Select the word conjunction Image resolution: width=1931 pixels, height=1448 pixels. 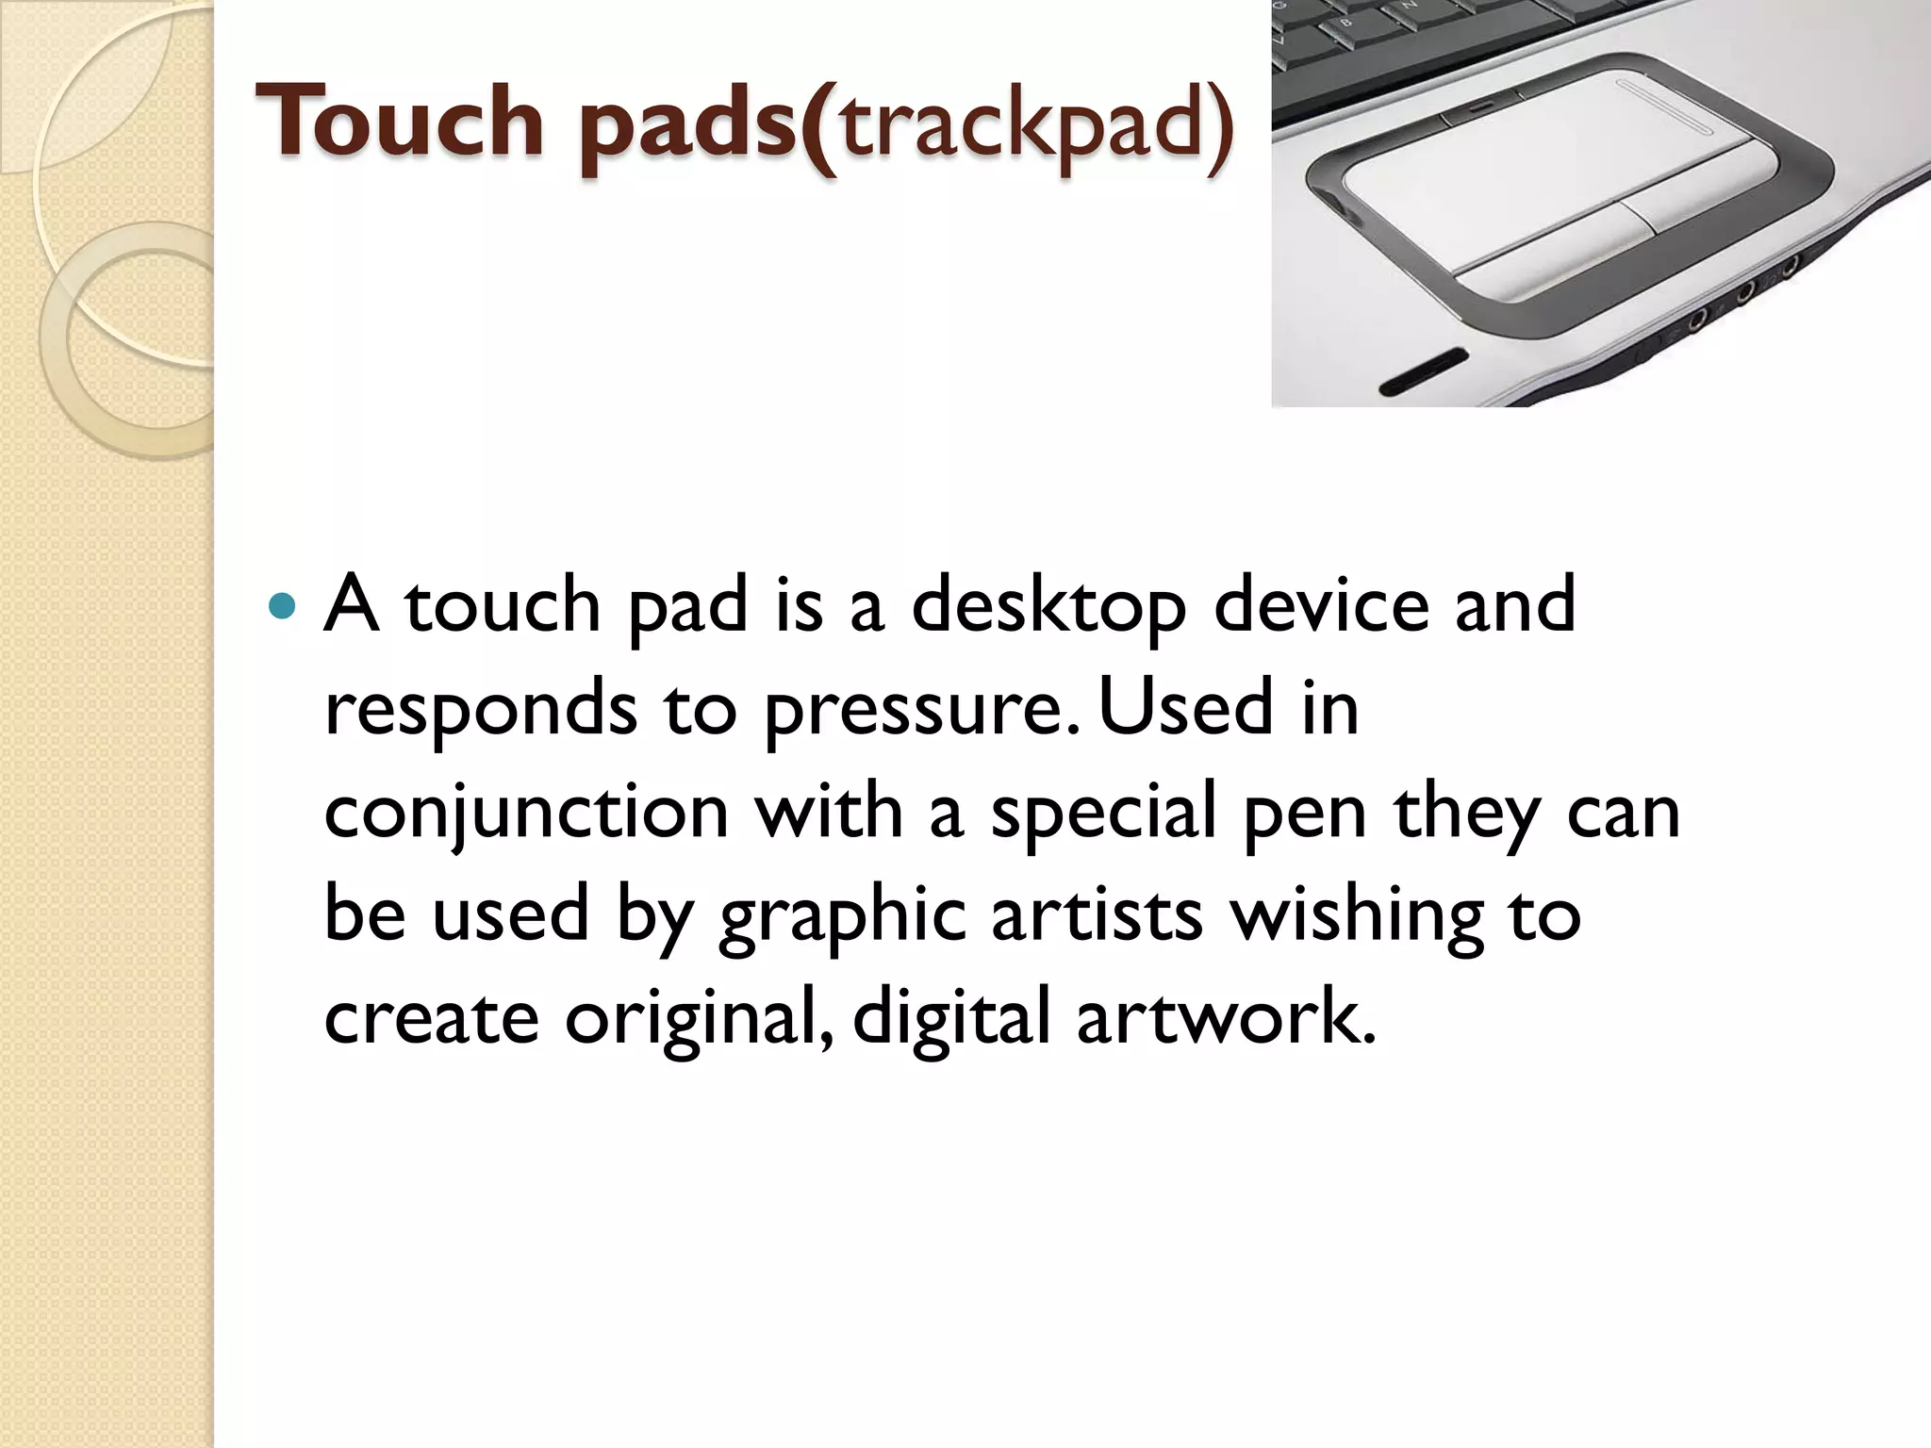(x=526, y=814)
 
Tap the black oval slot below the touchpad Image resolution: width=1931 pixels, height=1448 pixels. (x=1424, y=372)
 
